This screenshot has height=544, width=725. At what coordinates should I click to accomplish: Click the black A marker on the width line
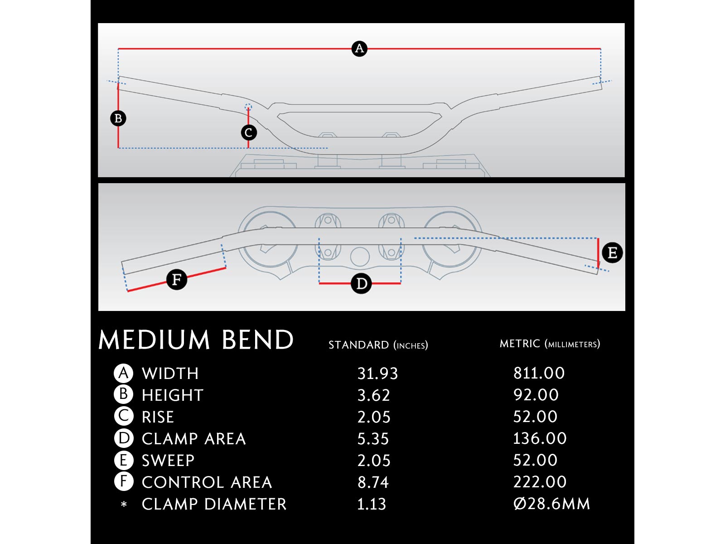pos(359,49)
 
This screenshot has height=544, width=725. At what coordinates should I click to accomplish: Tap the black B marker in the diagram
pos(118,118)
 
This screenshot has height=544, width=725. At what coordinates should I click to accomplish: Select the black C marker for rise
pos(248,132)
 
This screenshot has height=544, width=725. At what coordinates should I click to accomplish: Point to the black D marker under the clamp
pos(361,284)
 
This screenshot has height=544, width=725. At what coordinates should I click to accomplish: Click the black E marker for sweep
pos(612,253)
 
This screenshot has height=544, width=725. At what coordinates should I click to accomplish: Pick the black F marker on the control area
pos(177,279)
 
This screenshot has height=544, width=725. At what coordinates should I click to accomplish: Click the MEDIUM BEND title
pos(196,340)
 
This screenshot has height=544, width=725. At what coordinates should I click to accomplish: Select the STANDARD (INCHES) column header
pos(378,345)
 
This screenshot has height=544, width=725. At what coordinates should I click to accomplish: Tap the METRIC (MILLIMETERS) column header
pos(550,344)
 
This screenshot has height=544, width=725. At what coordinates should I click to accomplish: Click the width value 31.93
pos(377,374)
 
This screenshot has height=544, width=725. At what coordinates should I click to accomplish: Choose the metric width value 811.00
pos(539,373)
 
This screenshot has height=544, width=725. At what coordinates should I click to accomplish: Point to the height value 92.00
pos(536,395)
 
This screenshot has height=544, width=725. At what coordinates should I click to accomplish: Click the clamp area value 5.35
pos(373,439)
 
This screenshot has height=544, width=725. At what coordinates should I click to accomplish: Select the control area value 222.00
pos(539,482)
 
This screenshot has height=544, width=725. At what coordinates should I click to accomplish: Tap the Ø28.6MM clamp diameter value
pos(551,504)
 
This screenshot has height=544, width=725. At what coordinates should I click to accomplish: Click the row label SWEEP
pos(168,461)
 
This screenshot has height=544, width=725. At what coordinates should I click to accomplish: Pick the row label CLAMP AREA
pos(193,439)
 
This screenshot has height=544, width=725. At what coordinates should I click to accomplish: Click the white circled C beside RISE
pos(123,416)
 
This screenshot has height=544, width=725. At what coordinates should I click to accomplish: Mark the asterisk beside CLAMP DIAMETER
pos(124,504)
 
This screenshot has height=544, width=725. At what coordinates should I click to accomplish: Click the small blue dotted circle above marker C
pos(248,107)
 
